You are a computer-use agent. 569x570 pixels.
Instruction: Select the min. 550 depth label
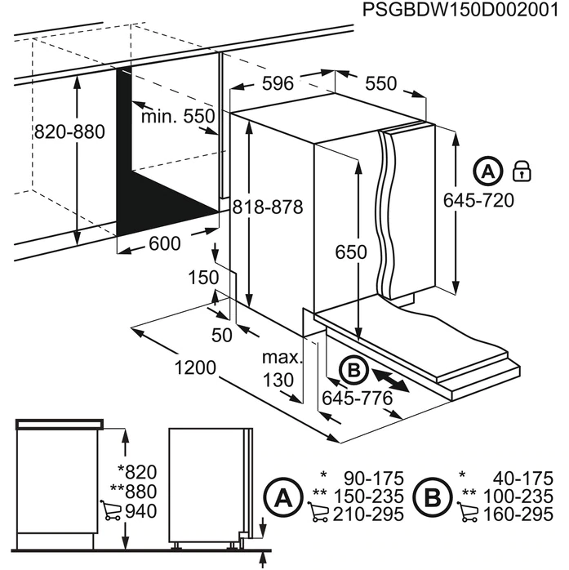177,117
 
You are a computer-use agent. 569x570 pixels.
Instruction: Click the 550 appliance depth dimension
380,83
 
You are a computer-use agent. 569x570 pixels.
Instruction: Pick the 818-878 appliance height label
266,208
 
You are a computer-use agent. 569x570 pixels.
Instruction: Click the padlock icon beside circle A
521,171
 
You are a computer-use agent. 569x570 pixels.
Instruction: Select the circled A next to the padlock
487,171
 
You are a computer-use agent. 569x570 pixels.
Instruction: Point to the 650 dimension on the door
351,253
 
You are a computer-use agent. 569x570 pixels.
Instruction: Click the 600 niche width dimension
165,244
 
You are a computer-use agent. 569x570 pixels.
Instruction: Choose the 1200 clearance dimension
194,368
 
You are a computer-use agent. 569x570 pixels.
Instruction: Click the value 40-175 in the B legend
522,477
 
